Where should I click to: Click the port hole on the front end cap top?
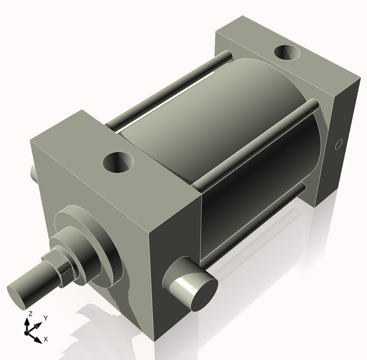pyautogui.click(x=119, y=163)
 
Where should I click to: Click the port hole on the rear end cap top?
pyautogui.click(x=287, y=54)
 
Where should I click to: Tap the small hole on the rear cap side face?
pyautogui.click(x=337, y=145)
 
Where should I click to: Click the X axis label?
pyautogui.click(x=46, y=339)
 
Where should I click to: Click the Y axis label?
pyautogui.click(x=46, y=318)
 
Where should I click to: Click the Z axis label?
pyautogui.click(x=29, y=313)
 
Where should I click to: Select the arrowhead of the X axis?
pyautogui.click(x=39, y=339)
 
